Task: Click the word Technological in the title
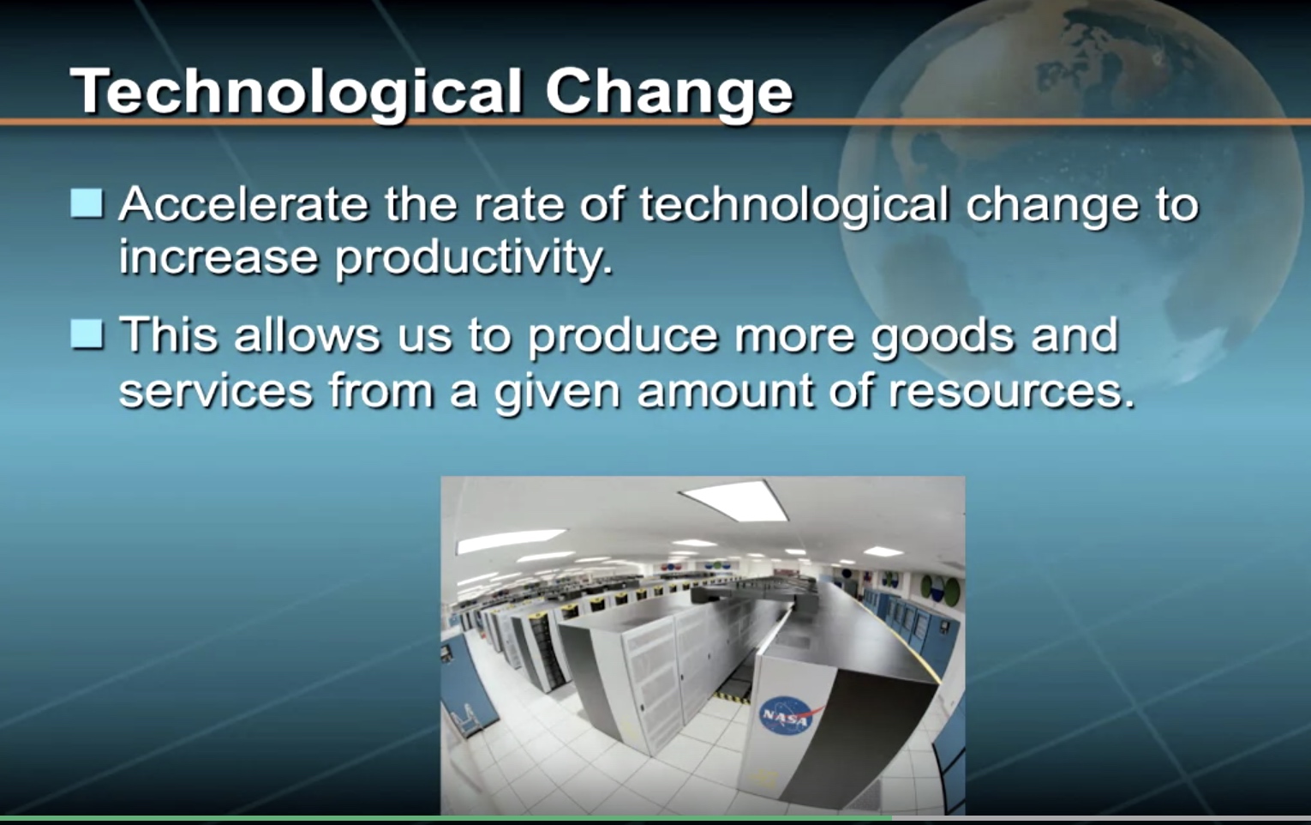296,93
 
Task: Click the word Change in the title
669,93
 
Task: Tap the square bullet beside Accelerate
87,203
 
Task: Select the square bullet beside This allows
87,334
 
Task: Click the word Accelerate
243,204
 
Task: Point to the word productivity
474,258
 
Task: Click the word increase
218,258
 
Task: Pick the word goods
943,336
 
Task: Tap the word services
216,391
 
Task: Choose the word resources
1011,391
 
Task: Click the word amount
725,391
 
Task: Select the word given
557,392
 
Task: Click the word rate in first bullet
518,206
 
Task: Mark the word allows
308,335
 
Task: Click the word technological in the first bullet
793,204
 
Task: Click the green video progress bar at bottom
446,818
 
